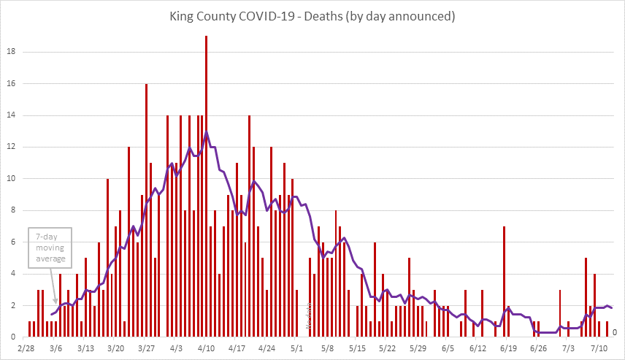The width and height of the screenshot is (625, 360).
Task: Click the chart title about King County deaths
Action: tap(312, 16)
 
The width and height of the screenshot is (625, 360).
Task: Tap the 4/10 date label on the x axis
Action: tap(206, 348)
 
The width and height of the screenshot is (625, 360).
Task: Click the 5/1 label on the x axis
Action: tap(296, 348)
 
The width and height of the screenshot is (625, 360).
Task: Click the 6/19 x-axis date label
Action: tap(508, 348)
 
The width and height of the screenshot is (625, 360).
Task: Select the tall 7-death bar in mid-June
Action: tap(504, 281)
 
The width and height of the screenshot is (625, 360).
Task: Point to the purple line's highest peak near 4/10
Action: tap(207, 132)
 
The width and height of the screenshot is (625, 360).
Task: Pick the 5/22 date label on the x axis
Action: tap(388, 348)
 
